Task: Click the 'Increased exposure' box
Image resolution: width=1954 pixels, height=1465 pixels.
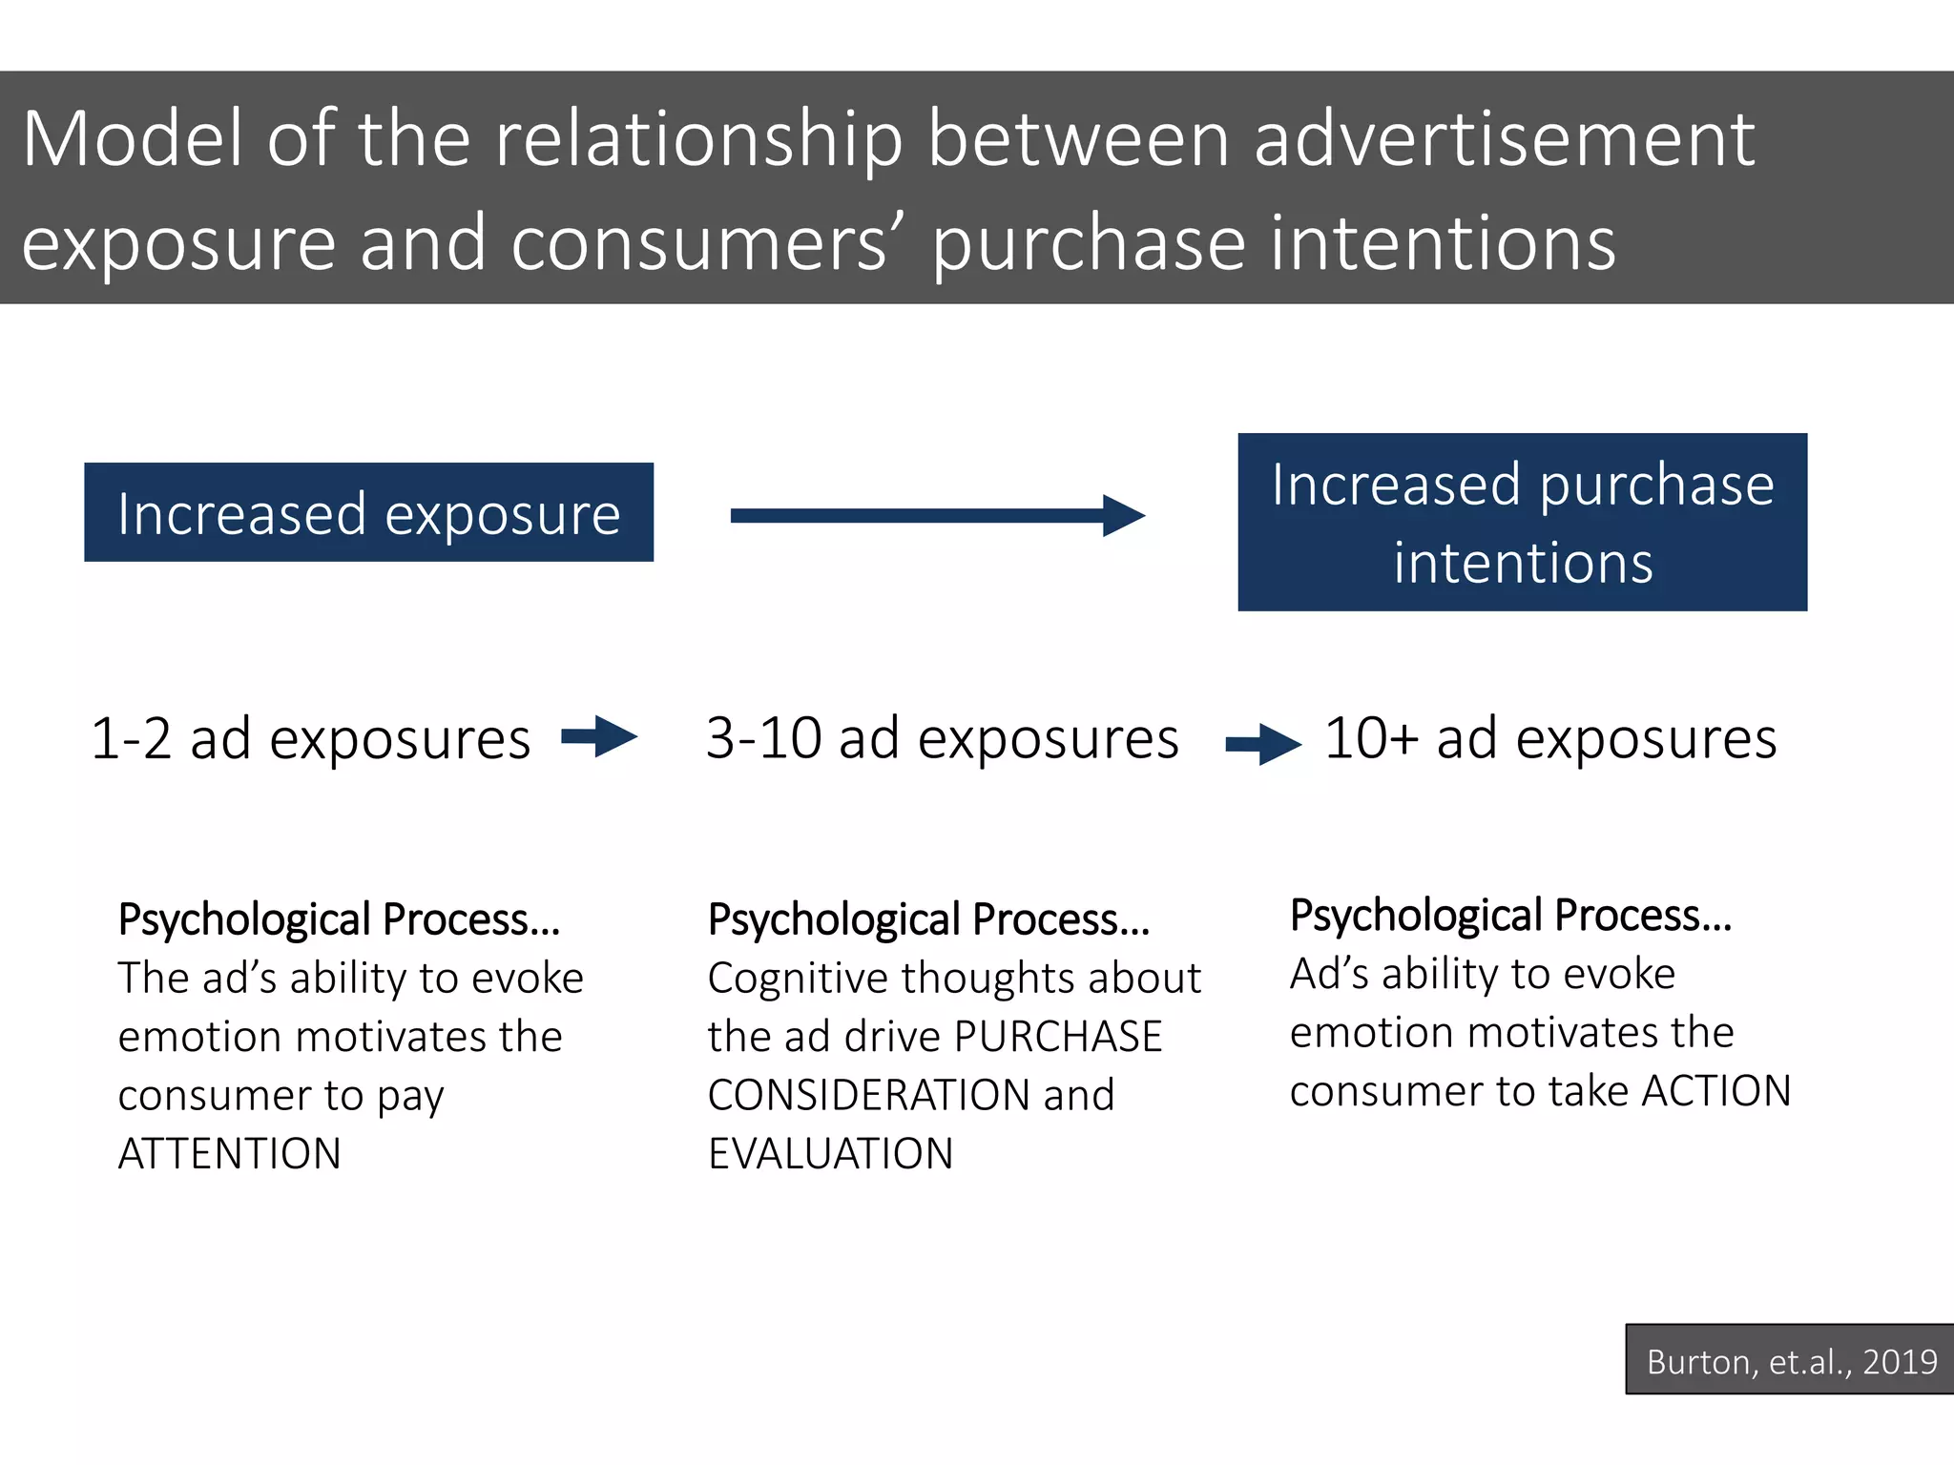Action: tap(368, 512)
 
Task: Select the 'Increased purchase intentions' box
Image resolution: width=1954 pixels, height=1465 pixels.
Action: tap(1522, 522)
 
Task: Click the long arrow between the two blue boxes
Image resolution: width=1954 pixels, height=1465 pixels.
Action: tap(935, 516)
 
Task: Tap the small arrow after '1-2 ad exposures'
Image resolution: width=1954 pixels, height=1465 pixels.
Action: tap(599, 736)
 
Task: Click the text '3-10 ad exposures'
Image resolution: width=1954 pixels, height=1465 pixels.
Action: tap(942, 738)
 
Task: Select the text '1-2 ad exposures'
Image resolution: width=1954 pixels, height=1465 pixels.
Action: tap(310, 739)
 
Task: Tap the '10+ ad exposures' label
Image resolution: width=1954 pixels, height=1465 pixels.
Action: tap(1550, 738)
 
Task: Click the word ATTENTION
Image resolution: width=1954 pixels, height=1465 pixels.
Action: tap(229, 1154)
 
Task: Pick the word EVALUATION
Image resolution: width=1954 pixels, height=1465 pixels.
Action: tap(830, 1154)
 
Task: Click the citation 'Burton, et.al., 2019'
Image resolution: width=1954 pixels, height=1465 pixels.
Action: tap(1791, 1361)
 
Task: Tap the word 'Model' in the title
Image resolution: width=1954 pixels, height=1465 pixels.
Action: tap(132, 139)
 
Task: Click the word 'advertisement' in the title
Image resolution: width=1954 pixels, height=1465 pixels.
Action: tap(1503, 139)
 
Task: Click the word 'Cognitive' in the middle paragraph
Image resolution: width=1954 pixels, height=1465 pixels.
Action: tap(798, 979)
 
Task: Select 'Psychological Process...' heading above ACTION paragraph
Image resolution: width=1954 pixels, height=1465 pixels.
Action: tap(1509, 916)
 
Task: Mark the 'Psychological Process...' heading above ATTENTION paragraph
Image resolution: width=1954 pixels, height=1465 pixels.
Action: tap(339, 920)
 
